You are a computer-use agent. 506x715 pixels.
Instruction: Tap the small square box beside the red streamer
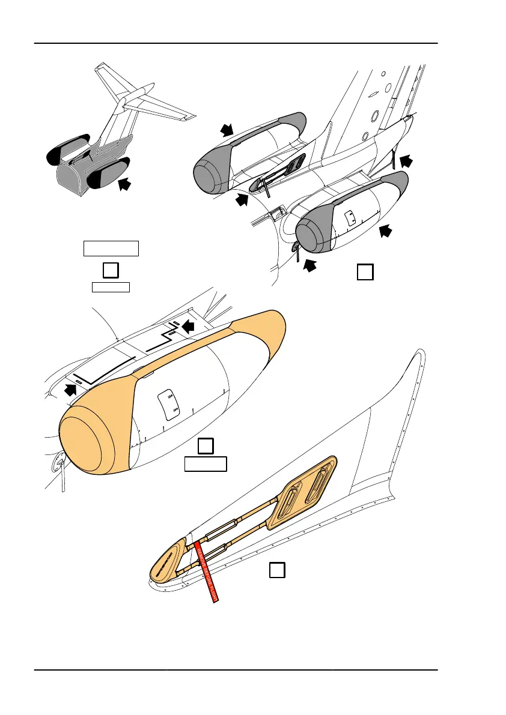click(x=276, y=570)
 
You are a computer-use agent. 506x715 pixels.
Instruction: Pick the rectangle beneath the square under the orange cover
click(x=206, y=464)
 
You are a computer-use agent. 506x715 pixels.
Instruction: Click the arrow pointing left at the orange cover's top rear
click(x=189, y=326)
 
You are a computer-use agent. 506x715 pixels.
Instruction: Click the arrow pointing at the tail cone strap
click(x=406, y=160)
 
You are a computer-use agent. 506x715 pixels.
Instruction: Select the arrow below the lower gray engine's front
click(x=309, y=264)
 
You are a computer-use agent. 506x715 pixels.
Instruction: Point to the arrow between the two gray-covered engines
click(x=242, y=200)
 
